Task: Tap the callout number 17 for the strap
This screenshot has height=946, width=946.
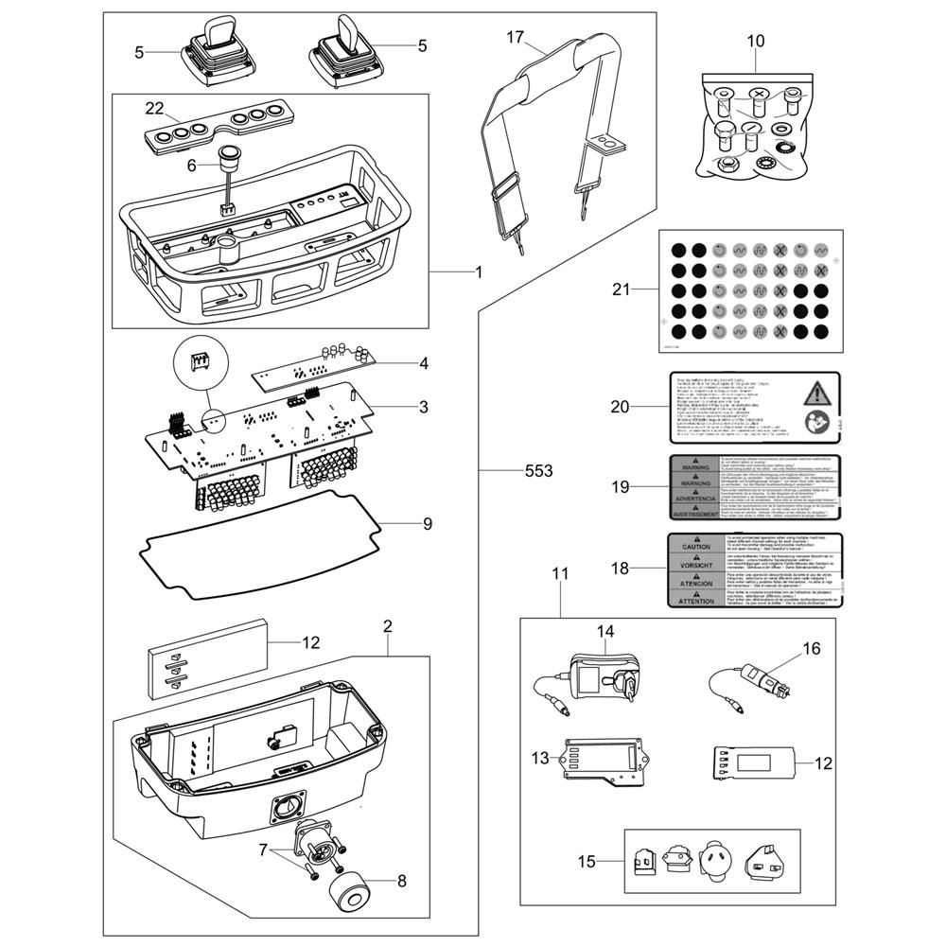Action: coord(515,37)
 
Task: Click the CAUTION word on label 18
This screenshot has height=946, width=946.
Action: coord(696,547)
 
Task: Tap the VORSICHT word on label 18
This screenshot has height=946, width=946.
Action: coord(696,565)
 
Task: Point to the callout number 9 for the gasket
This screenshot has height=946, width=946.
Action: coord(427,523)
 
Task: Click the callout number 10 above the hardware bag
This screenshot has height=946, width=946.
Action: coord(755,41)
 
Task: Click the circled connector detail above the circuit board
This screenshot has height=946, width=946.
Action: coord(199,362)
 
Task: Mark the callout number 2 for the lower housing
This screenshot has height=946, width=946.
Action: coord(388,626)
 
